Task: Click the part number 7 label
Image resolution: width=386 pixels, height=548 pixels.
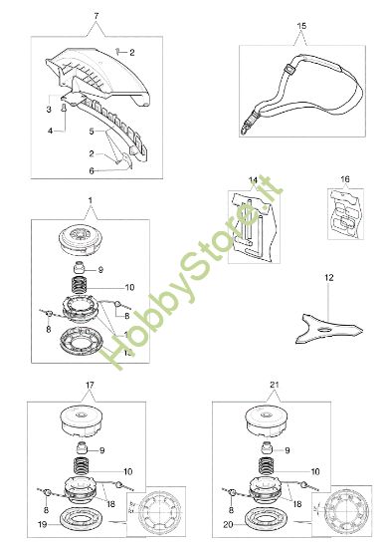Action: coord(96,18)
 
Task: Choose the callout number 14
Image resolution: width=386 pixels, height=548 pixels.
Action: coord(254,180)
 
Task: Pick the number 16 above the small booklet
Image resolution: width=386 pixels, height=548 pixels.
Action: coord(344,181)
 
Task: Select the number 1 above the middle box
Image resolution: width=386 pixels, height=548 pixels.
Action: coord(91,200)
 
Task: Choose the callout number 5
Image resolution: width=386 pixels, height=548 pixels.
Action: coord(94,131)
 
